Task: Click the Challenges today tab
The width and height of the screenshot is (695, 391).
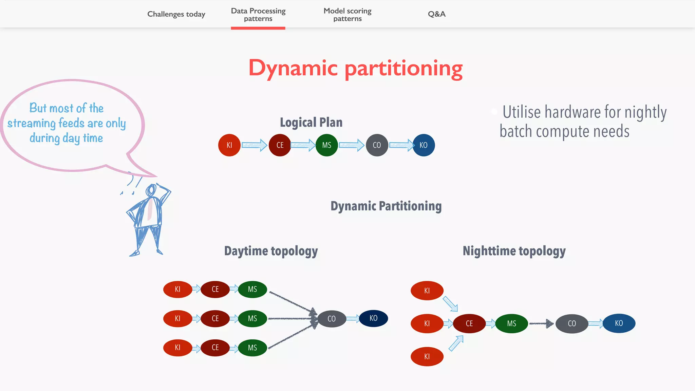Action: [176, 14]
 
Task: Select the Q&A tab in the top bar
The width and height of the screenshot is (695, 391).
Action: [436, 14]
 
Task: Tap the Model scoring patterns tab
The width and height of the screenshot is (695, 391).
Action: [347, 15]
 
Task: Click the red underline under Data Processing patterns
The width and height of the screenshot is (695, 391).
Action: [258, 28]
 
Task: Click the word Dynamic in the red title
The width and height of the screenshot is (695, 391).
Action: [293, 68]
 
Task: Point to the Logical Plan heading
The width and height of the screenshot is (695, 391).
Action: [311, 122]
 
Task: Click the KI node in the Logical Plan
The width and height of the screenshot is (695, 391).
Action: [229, 145]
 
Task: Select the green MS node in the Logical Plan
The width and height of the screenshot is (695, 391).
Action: [326, 145]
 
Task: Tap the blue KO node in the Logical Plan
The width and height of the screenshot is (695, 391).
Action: [424, 145]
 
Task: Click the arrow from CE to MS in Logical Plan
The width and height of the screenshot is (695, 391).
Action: [303, 145]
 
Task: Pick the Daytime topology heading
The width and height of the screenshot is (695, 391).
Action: [271, 251]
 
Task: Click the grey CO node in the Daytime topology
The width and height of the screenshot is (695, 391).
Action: [332, 319]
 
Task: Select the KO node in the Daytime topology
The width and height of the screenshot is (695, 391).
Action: [373, 318]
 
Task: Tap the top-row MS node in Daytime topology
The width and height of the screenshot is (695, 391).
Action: [252, 290]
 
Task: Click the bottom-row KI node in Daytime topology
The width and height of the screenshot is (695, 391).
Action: [177, 348]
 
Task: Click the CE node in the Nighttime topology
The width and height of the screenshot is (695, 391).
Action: [469, 324]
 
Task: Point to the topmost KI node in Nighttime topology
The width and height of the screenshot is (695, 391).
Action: [427, 291]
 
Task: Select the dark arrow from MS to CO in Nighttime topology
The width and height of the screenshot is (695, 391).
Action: [541, 323]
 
